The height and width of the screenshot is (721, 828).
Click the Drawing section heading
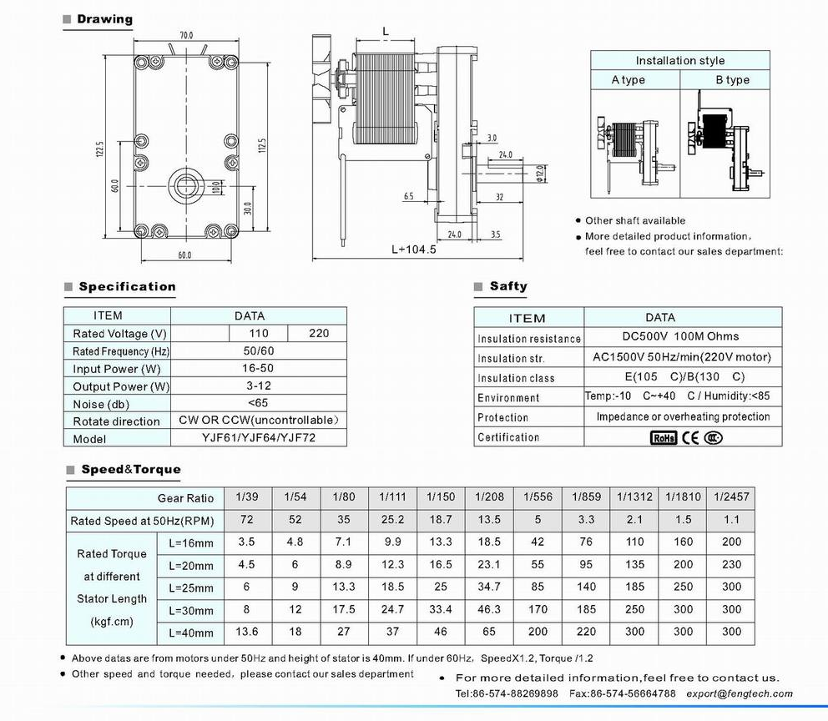point(104,19)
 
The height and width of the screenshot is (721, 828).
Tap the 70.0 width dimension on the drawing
point(185,35)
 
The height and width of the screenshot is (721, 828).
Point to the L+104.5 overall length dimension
point(414,249)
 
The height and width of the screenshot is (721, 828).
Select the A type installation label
point(629,80)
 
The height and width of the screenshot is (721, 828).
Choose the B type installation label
point(732,80)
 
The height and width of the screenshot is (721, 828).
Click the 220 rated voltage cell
point(318,333)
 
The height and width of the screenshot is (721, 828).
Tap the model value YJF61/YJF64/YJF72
point(260,438)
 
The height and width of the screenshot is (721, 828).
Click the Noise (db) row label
point(100,404)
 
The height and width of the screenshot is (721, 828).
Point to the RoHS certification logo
point(664,437)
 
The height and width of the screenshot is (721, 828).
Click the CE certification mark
point(690,437)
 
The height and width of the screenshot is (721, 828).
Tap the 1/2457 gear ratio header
point(731,497)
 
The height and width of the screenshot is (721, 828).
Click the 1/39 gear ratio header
point(247,497)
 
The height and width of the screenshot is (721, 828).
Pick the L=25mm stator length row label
point(190,587)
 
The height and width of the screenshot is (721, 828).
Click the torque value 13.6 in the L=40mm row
point(247,632)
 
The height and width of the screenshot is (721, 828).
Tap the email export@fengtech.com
point(740,693)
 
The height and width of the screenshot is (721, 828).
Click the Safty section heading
point(507,286)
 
